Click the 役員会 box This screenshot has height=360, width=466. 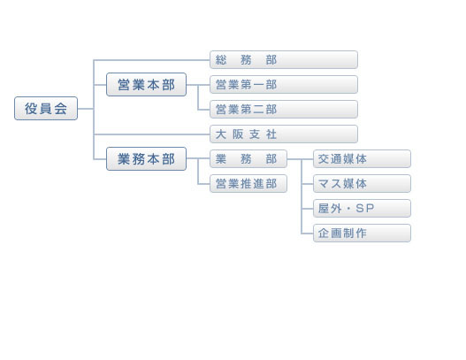coord(46,108)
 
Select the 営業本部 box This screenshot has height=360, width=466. coord(146,84)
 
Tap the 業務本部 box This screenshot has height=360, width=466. coord(146,158)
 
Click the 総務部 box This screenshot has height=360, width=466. coord(284,60)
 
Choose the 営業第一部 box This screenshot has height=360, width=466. coord(284,84)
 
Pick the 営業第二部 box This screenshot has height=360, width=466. coord(284,109)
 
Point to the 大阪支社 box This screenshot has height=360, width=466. coord(284,134)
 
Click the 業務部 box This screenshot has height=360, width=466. coord(248,158)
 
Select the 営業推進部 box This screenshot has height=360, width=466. coord(248,183)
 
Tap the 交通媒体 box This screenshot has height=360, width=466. coord(362,158)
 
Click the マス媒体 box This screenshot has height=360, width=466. coord(362,183)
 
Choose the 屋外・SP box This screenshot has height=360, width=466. coord(362,209)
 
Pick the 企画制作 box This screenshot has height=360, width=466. coord(362,233)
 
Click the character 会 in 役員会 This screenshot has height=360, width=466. coord(61,109)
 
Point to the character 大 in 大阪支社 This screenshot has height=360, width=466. coord(220,134)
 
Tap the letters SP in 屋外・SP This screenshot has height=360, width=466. coord(364,209)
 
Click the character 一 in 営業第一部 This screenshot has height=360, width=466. coord(258,85)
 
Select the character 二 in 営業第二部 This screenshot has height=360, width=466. coord(258,110)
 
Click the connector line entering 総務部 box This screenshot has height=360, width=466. coord(151,60)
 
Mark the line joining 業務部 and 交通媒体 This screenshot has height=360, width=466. coord(300,159)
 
